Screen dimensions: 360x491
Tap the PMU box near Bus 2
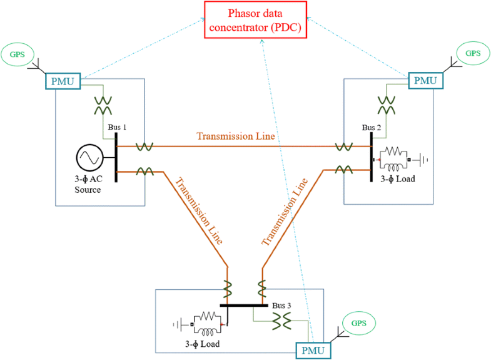click(425, 80)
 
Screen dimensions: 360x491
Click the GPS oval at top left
click(21, 54)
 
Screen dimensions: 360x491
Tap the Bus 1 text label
click(117, 128)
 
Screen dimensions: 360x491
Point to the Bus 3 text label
click(281, 306)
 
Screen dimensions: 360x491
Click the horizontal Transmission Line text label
click(236, 136)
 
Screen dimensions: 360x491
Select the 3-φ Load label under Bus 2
click(397, 178)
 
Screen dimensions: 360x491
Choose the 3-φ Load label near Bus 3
click(201, 344)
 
